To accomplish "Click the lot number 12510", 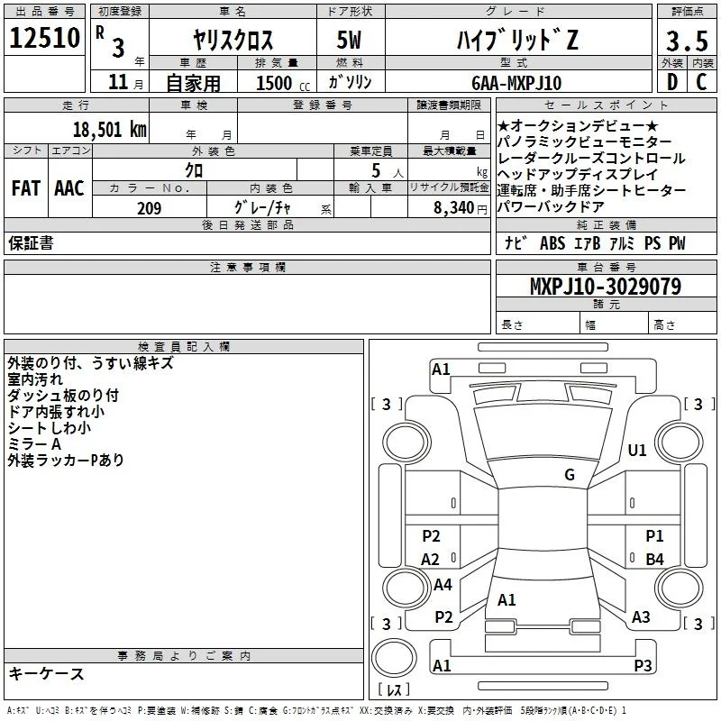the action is (44, 38).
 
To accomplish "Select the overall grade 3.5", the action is (687, 41).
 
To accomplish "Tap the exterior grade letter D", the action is (672, 82).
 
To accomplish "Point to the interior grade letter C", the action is (701, 82).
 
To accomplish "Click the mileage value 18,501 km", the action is (110, 130).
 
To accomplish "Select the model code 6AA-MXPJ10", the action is (516, 83).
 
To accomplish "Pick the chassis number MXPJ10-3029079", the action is (606, 287).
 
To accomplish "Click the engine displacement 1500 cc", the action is (283, 83).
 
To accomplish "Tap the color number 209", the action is (149, 208).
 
